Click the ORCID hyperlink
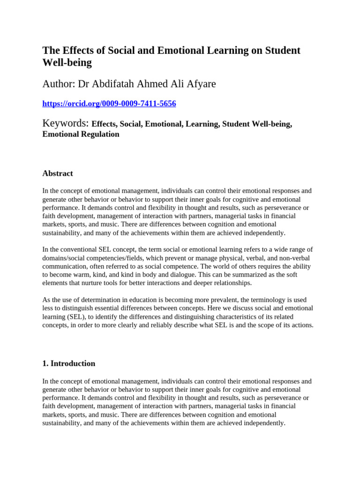click(x=109, y=104)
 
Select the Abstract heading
click(x=58, y=173)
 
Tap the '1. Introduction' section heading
click(x=69, y=363)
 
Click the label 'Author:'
click(x=59, y=84)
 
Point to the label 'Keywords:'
click(x=66, y=124)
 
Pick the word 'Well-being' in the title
click(x=67, y=62)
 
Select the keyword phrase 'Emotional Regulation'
click(x=81, y=135)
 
